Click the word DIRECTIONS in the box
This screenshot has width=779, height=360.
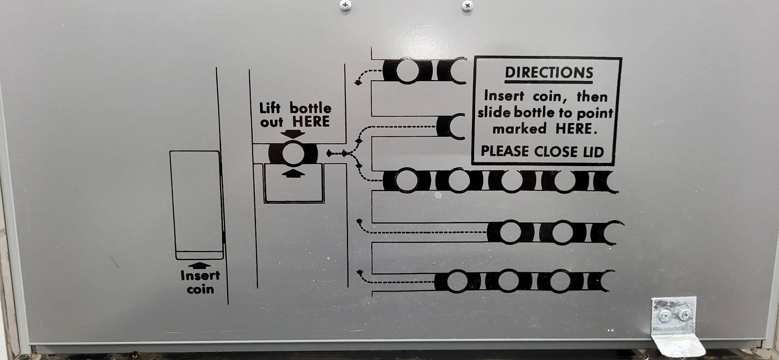[x=549, y=73]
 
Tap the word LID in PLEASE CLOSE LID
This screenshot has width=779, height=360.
[x=594, y=152]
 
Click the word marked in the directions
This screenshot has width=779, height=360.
[x=520, y=129]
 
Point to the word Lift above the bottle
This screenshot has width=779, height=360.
[x=270, y=108]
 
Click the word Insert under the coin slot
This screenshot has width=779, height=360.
[x=200, y=276]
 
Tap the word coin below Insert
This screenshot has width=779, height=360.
[x=200, y=289]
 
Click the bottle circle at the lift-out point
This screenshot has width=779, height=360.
[x=293, y=154]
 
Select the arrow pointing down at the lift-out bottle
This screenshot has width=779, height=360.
[x=293, y=134]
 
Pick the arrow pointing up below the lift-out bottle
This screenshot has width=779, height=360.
[x=293, y=174]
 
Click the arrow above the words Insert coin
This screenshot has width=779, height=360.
[x=200, y=265]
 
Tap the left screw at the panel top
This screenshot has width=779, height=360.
[x=346, y=5]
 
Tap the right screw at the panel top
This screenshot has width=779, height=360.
[x=467, y=6]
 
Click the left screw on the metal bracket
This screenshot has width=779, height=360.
[x=665, y=315]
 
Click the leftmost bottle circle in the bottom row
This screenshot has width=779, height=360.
[x=458, y=281]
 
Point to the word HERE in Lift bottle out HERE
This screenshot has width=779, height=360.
[x=311, y=121]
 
